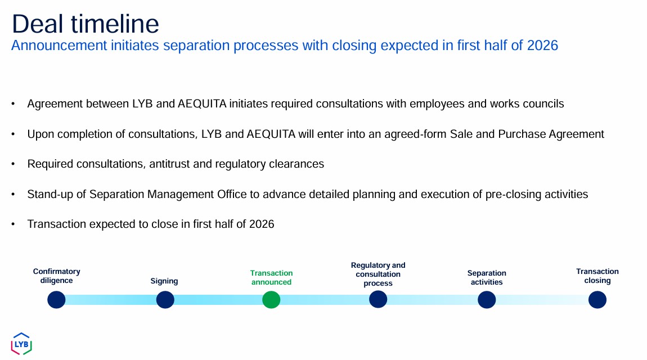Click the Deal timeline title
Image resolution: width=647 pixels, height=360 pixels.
click(86, 24)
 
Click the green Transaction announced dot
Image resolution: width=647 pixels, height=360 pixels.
click(271, 300)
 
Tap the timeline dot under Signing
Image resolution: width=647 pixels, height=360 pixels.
click(165, 300)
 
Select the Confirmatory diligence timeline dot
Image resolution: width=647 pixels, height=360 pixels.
click(56, 300)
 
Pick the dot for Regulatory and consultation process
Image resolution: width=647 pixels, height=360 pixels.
click(378, 299)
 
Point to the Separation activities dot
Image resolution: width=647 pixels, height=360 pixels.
click(487, 300)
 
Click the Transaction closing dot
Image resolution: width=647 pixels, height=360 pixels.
click(597, 300)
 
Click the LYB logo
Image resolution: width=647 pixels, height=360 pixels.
click(21, 344)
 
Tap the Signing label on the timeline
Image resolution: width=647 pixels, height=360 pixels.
click(164, 281)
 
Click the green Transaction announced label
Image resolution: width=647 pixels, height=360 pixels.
click(271, 277)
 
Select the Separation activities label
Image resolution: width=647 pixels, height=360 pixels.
click(487, 277)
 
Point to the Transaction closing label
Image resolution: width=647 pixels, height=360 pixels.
click(597, 276)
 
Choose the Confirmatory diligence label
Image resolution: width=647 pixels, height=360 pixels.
click(56, 276)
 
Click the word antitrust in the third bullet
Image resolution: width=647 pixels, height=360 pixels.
click(169, 164)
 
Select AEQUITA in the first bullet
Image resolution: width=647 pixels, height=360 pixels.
click(202, 103)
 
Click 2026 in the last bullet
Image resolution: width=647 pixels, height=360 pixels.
click(262, 224)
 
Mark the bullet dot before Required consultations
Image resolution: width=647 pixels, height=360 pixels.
click(13, 164)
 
